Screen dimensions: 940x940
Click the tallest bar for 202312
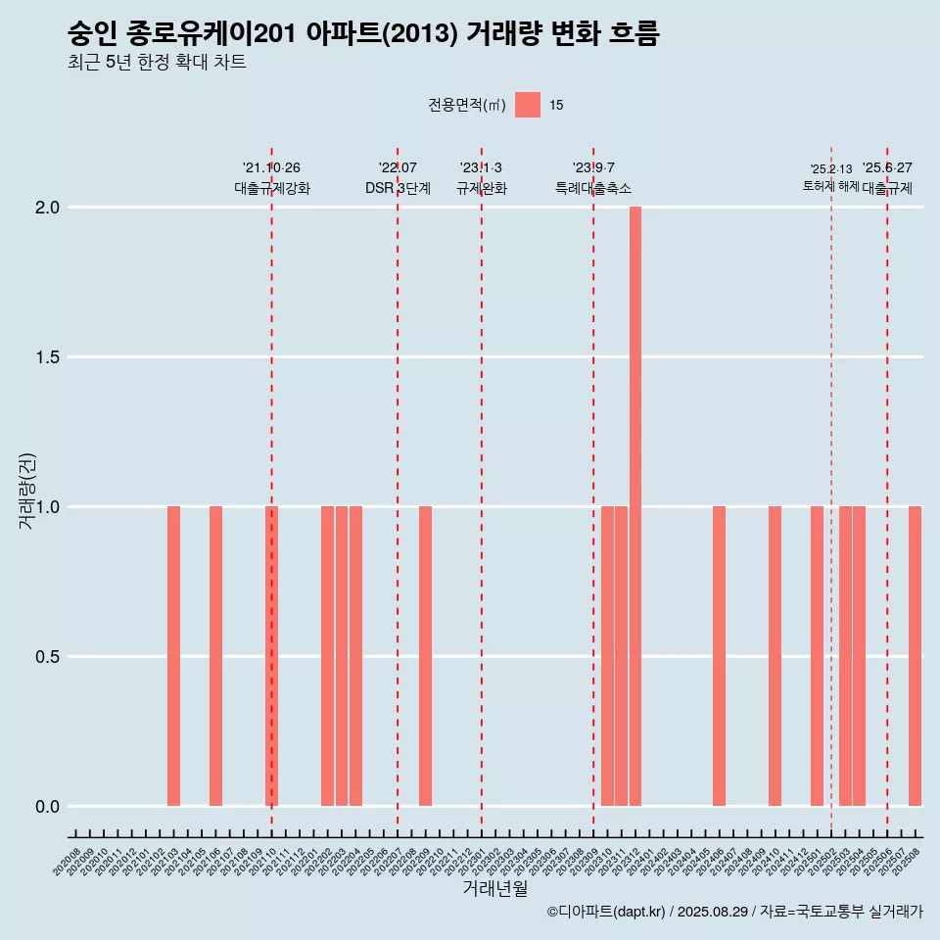tap(635, 506)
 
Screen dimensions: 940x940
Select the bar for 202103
tap(173, 656)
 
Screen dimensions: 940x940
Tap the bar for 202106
tap(215, 656)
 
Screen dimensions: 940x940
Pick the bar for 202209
tap(426, 656)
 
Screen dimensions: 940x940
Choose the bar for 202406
tap(720, 656)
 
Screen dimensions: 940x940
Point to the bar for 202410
tap(775, 656)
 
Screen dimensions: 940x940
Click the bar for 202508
tap(915, 656)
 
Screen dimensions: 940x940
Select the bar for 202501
tap(817, 656)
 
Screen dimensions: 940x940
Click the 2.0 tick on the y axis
tap(48, 208)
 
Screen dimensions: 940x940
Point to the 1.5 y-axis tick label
tap(48, 357)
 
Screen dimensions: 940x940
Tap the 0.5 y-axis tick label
tap(48, 657)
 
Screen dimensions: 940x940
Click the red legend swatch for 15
tap(528, 105)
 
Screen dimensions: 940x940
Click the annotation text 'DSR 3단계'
tap(398, 189)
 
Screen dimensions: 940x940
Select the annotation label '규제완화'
tap(482, 189)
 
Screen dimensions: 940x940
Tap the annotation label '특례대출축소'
tap(593, 189)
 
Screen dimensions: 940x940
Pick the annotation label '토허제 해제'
tap(830, 186)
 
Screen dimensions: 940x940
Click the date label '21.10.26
tap(271, 167)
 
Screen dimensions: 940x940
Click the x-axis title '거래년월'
tap(494, 889)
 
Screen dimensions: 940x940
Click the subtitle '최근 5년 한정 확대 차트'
tap(157, 63)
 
